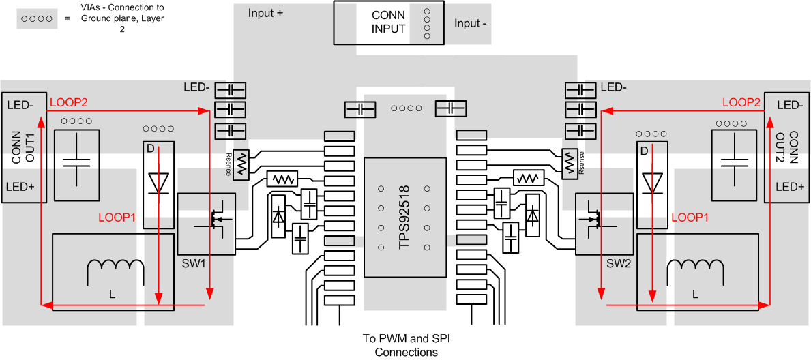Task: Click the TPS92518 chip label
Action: (404, 217)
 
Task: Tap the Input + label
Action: (265, 13)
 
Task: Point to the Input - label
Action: (471, 24)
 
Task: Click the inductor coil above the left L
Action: (116, 272)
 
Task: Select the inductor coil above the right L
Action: (694, 272)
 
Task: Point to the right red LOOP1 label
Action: (691, 217)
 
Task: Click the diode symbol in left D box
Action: (158, 183)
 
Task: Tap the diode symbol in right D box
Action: (652, 183)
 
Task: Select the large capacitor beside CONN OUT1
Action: (76, 164)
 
